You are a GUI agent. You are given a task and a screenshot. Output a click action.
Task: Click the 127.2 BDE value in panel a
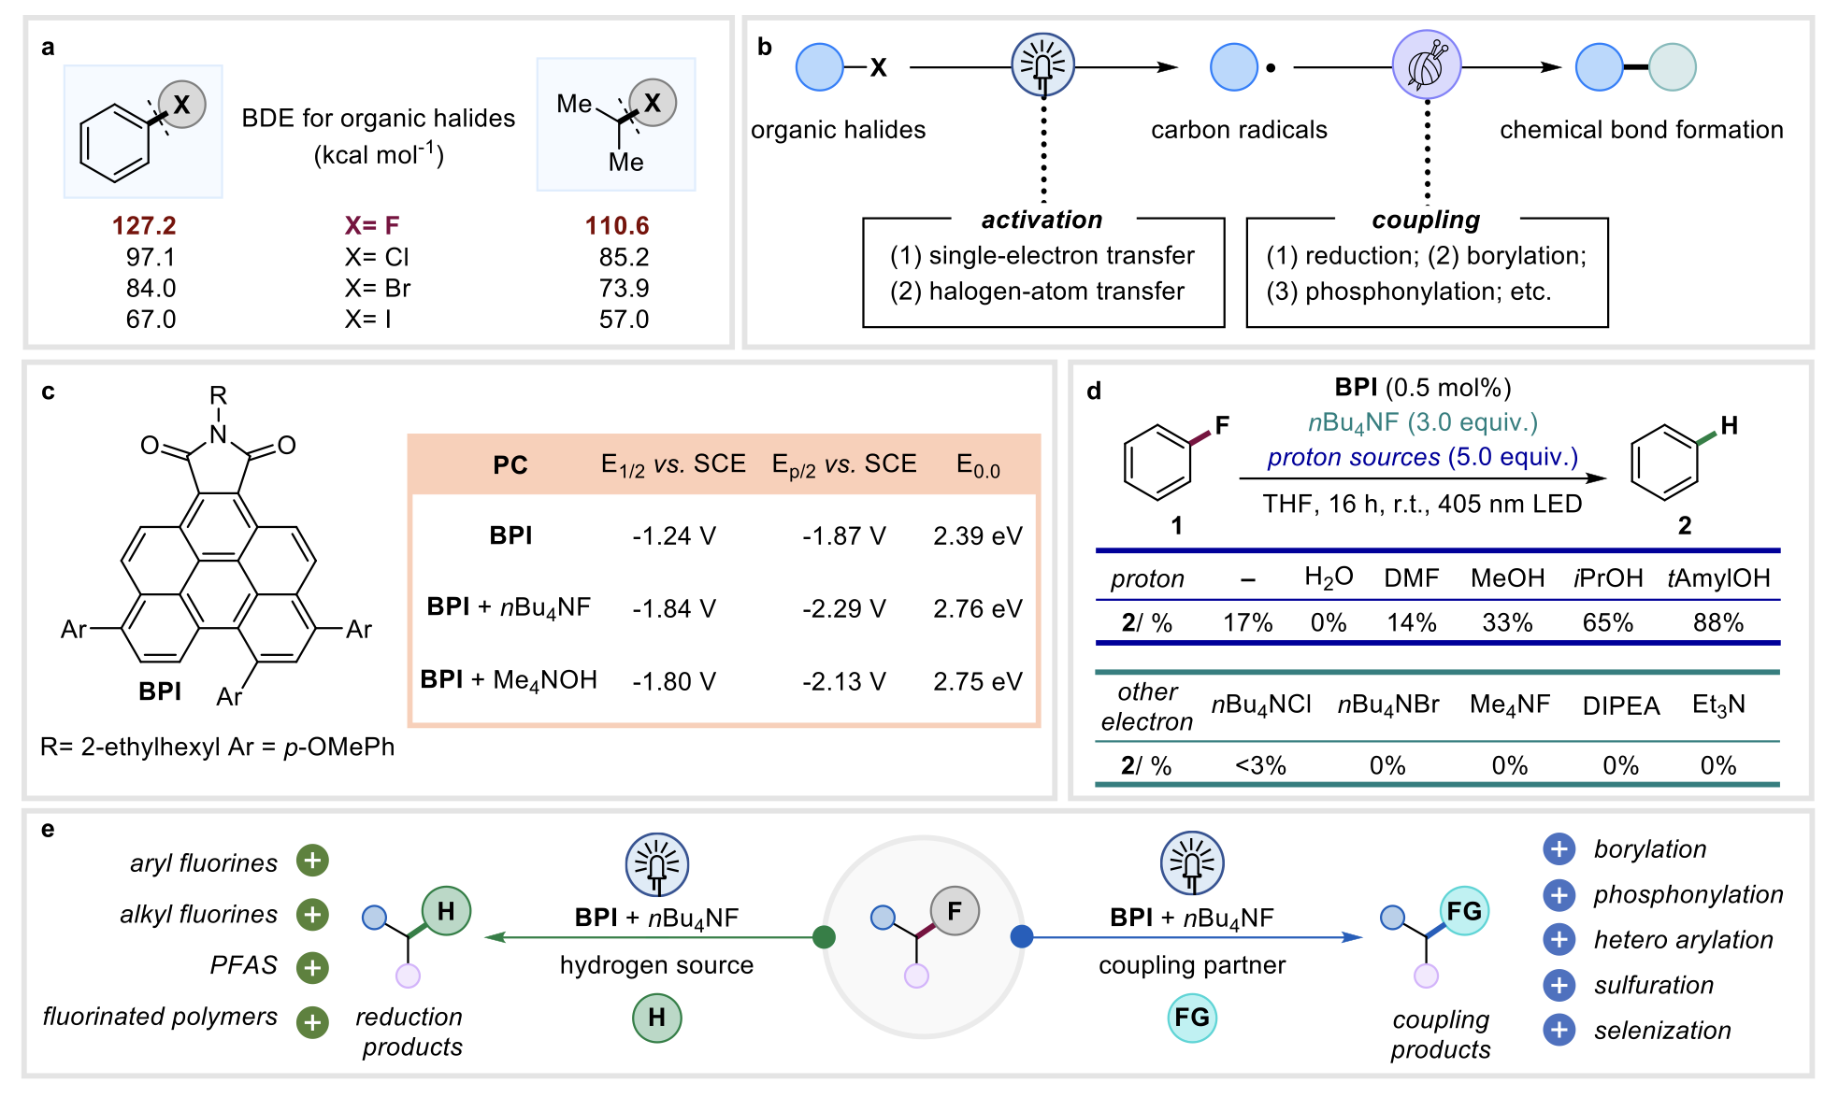(x=144, y=225)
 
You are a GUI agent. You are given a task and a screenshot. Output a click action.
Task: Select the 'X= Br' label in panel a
(x=377, y=288)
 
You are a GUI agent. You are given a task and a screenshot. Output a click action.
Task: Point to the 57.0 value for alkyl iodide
(x=624, y=320)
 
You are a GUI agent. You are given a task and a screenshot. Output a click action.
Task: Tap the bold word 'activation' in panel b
(x=1042, y=220)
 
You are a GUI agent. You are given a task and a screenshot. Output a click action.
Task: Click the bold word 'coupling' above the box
(x=1426, y=220)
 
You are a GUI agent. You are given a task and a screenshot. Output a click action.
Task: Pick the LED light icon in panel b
(x=1043, y=65)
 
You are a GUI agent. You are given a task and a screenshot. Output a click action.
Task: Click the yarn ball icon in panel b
(x=1427, y=65)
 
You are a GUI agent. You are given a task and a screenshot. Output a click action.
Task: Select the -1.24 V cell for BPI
(x=673, y=536)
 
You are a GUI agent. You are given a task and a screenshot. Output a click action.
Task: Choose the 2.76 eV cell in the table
(x=977, y=609)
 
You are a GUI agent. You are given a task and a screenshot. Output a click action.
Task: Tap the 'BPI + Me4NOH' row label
(x=509, y=680)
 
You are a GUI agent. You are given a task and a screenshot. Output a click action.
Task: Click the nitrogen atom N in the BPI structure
(x=218, y=435)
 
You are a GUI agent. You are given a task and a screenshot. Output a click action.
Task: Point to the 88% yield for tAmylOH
(x=1717, y=623)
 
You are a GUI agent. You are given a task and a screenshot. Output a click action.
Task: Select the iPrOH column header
(x=1608, y=578)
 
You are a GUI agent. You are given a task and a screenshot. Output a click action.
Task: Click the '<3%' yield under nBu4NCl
(x=1260, y=766)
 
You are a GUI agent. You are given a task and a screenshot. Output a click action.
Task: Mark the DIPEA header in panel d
(x=1621, y=705)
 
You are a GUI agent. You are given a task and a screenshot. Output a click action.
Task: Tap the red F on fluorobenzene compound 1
(x=1222, y=426)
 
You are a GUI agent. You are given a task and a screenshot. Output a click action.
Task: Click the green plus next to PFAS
(x=312, y=967)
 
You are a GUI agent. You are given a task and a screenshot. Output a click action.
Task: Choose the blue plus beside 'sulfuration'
(x=1559, y=985)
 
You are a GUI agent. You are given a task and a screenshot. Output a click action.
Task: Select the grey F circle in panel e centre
(x=954, y=911)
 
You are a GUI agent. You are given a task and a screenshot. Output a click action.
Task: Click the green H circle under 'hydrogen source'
(x=656, y=1018)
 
